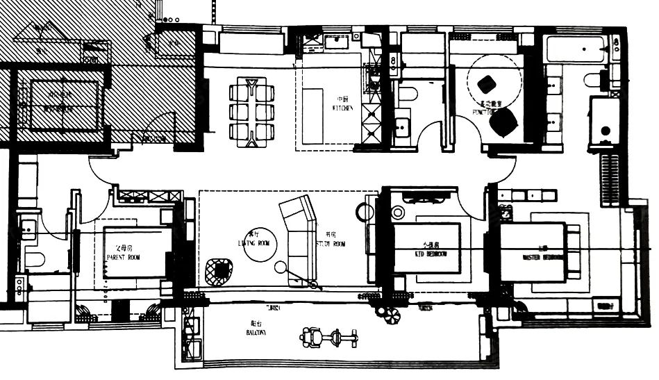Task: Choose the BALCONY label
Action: coord(256,333)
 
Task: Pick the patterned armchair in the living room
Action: coord(219,271)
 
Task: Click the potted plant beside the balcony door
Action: coord(390,314)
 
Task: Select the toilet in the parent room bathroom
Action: coord(34,259)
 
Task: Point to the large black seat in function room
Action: coord(503,124)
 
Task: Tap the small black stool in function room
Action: coord(487,84)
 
